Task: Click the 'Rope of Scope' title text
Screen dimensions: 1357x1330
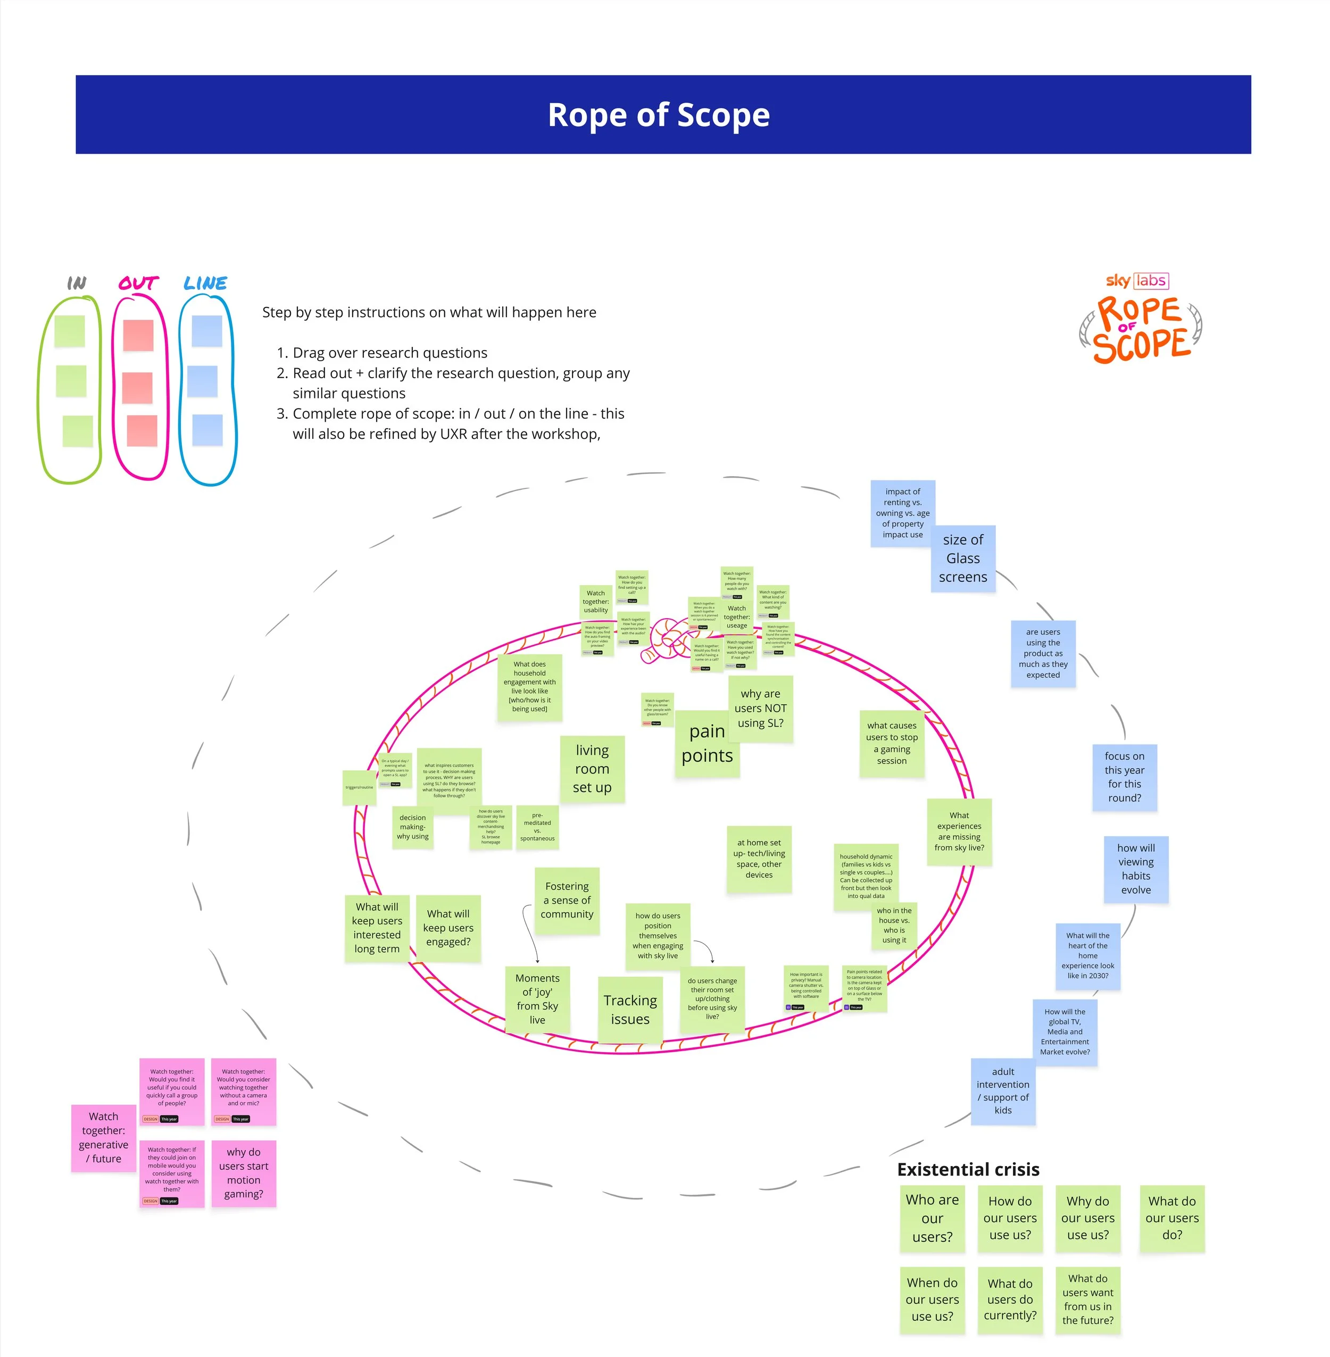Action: click(x=658, y=115)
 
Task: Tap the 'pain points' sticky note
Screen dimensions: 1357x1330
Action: click(x=707, y=744)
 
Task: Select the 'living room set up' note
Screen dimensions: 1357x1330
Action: click(x=592, y=769)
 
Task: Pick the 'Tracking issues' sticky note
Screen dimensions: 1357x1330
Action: click(x=630, y=1010)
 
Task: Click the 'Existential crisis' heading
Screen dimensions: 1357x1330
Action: click(x=968, y=1170)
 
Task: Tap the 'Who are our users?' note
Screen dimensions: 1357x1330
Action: click(x=932, y=1218)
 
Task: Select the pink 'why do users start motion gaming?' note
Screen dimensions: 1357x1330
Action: click(x=243, y=1173)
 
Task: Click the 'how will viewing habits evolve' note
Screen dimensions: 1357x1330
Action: click(x=1136, y=869)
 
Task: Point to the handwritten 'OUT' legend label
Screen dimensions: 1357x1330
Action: click(x=138, y=283)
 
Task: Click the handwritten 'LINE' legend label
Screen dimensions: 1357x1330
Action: click(x=205, y=283)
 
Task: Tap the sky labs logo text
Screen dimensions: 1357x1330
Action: click(x=1136, y=281)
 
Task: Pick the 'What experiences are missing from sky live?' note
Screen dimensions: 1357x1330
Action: click(x=959, y=832)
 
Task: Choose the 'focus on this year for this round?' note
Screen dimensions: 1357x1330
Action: click(x=1124, y=777)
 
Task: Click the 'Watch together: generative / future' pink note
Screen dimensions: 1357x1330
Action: click(x=103, y=1138)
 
